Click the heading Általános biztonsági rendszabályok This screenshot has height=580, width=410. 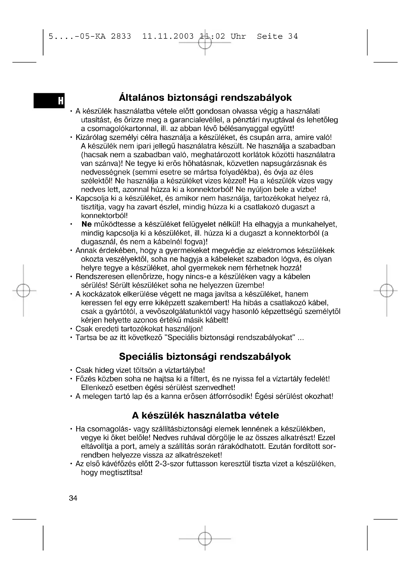point(205,98)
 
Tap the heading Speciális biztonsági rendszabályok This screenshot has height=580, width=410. point(205,357)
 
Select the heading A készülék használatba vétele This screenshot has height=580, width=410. point(205,415)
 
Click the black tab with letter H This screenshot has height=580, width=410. point(49,101)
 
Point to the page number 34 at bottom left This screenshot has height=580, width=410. point(73,498)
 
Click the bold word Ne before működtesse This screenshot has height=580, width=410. point(87,224)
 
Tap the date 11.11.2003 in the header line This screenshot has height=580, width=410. point(168,36)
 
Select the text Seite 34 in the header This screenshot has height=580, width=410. point(277,36)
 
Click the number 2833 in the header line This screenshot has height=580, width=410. point(121,36)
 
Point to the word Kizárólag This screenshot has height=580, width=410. point(91,138)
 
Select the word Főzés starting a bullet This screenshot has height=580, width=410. point(86,379)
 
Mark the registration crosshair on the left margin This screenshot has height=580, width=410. point(23,291)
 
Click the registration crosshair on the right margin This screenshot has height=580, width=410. point(386,291)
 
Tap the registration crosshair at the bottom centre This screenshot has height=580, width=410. point(205,539)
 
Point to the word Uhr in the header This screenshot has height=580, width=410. point(238,36)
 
